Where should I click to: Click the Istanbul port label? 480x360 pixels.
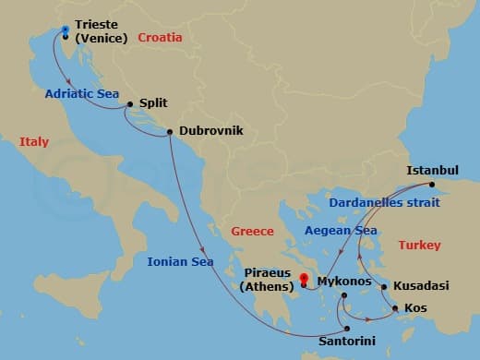pos(433,170)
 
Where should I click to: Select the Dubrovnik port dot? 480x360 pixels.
pos(170,132)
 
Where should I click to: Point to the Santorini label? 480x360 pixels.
pos(346,341)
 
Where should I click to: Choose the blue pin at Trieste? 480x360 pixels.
pos(65,30)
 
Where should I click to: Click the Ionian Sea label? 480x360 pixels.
pos(180,261)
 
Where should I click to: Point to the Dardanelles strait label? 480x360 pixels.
pos(382,200)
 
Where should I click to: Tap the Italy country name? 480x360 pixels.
pos(33,141)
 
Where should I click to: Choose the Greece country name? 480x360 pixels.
pos(253,231)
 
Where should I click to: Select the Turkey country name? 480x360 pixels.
pos(419,245)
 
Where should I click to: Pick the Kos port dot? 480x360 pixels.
pos(396,307)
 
